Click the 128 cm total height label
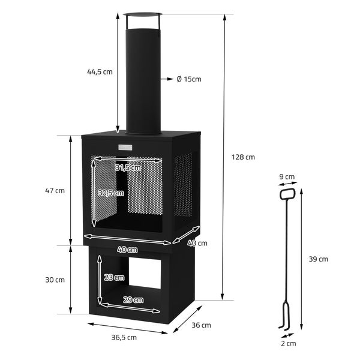click(243, 157)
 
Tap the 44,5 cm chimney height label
click(99, 72)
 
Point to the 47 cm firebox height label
click(55, 191)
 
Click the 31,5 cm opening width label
click(128, 168)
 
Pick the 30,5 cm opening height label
click(110, 193)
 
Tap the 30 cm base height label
click(55, 280)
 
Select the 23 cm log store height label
click(113, 277)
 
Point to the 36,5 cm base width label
click(124, 337)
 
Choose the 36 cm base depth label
click(202, 325)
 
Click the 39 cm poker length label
click(319, 259)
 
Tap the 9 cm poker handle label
click(287, 177)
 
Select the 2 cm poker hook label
click(287, 344)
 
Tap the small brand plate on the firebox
click(127, 148)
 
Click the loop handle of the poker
click(287, 194)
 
